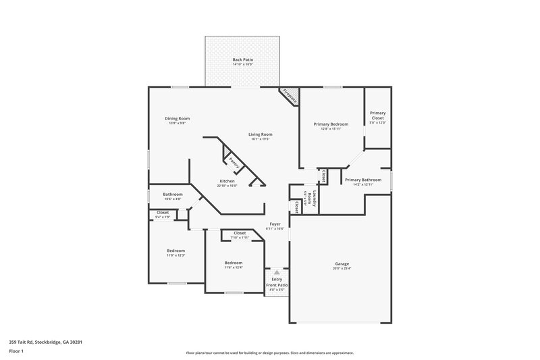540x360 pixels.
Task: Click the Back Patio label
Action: tap(242, 59)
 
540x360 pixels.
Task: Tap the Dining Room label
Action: tap(177, 118)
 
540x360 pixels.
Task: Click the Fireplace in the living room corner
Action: tap(290, 96)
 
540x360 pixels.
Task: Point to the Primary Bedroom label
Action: tap(331, 124)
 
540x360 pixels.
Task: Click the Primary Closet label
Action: tap(377, 115)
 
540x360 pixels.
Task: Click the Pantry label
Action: tap(234, 162)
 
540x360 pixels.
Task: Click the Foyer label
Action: tap(275, 224)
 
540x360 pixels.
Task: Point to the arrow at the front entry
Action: tap(276, 272)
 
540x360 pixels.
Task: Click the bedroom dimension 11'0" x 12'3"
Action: tap(176, 255)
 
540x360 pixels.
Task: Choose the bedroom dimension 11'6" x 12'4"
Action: tap(234, 267)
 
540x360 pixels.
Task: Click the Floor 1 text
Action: tap(16, 352)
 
